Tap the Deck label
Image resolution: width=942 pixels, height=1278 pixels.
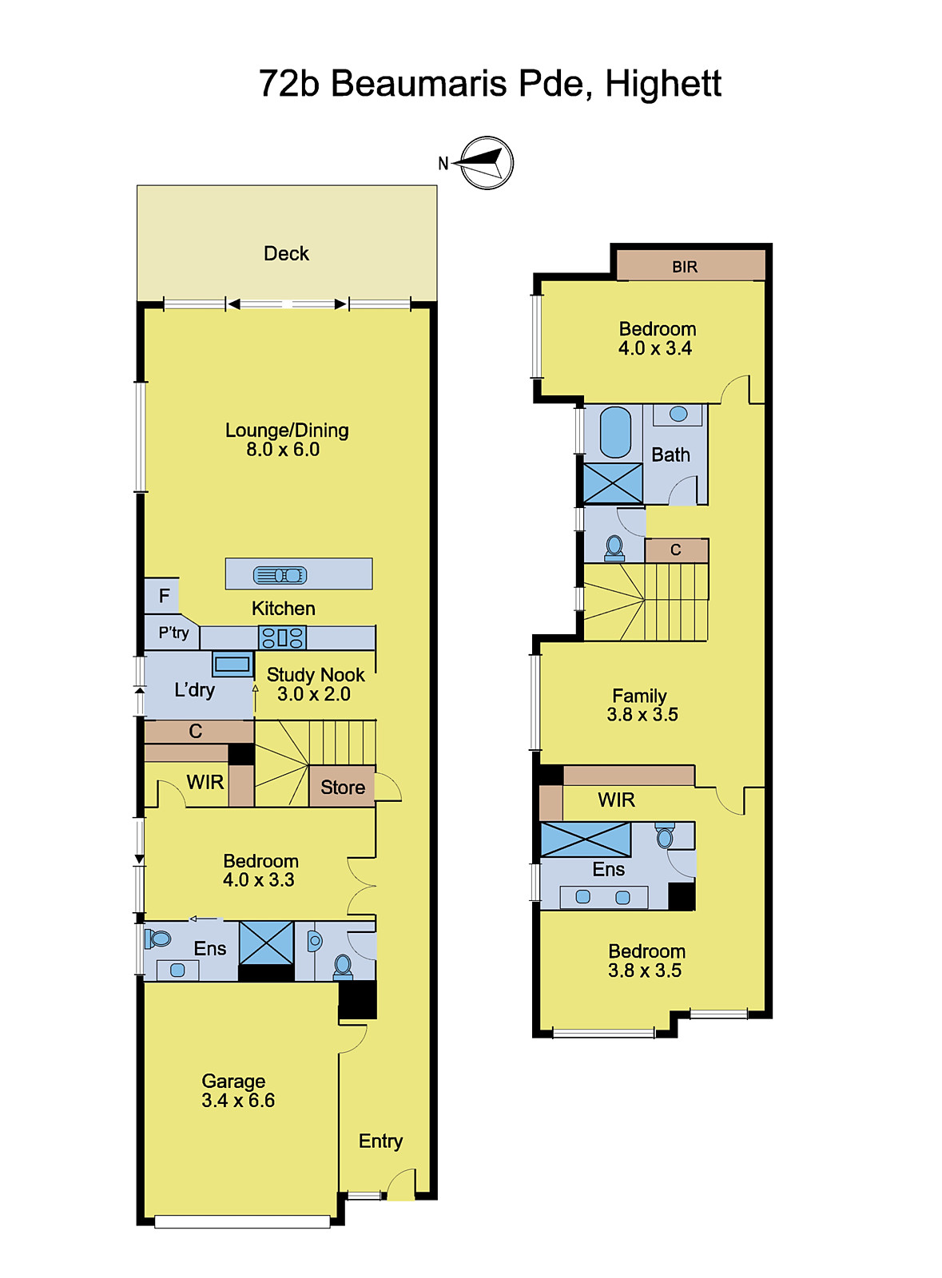click(286, 253)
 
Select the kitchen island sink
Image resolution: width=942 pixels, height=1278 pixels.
click(280, 575)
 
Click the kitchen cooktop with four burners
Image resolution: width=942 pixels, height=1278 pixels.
click(282, 637)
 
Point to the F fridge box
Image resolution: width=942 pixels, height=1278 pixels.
click(163, 596)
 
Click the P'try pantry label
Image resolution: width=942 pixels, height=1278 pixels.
click(173, 633)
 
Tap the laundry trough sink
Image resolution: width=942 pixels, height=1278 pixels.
click(233, 664)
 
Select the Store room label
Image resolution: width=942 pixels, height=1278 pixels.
click(342, 788)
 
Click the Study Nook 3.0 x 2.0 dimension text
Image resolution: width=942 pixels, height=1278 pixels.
click(314, 694)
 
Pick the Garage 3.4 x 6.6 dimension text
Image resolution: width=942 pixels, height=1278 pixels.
click(238, 1101)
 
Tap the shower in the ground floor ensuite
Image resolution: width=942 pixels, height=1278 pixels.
click(266, 943)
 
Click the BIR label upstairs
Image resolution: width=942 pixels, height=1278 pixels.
click(685, 267)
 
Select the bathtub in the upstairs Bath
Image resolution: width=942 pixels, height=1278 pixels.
click(614, 432)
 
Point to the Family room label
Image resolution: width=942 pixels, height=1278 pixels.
click(639, 696)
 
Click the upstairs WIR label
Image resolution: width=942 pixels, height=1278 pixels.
click(616, 800)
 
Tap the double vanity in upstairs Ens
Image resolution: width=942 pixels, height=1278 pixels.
click(603, 897)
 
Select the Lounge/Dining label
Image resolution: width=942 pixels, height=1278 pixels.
click(286, 431)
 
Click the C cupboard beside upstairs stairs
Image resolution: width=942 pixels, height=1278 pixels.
click(676, 550)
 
